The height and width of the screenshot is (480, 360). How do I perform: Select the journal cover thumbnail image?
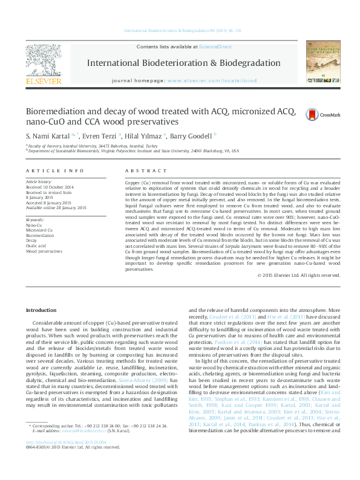(x=322, y=62)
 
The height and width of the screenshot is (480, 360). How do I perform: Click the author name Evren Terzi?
(x=100, y=137)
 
